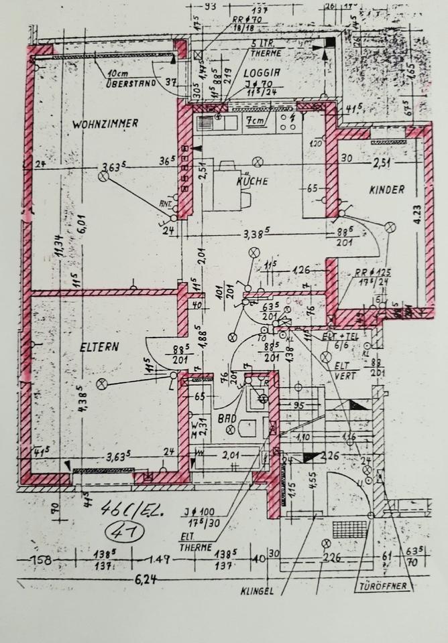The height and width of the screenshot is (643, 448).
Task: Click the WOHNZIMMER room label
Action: tap(105, 123)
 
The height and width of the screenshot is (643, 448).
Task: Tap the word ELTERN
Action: tap(99, 347)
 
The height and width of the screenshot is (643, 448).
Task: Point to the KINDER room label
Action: tap(387, 190)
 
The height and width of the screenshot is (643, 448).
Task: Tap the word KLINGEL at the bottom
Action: tap(258, 591)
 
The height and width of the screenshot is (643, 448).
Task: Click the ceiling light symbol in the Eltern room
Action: tap(102, 384)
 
